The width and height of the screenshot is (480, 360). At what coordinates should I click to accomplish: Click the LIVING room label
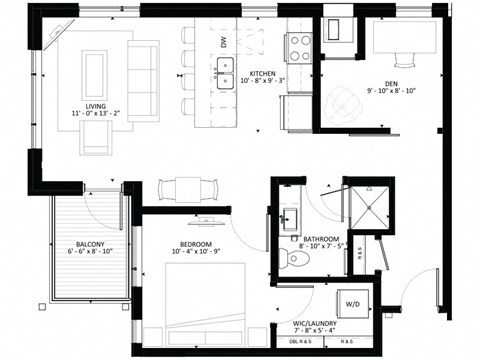click(96, 105)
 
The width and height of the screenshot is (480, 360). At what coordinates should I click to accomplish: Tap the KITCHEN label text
click(263, 74)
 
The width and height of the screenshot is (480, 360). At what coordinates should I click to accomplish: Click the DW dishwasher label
click(224, 43)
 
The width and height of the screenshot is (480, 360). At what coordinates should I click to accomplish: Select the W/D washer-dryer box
click(353, 301)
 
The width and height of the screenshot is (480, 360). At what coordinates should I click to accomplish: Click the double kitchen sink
click(224, 72)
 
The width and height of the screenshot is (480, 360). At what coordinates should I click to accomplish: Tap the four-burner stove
click(300, 46)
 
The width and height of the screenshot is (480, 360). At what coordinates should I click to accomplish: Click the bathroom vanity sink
click(292, 217)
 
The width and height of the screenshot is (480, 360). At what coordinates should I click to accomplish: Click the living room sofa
click(143, 80)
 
